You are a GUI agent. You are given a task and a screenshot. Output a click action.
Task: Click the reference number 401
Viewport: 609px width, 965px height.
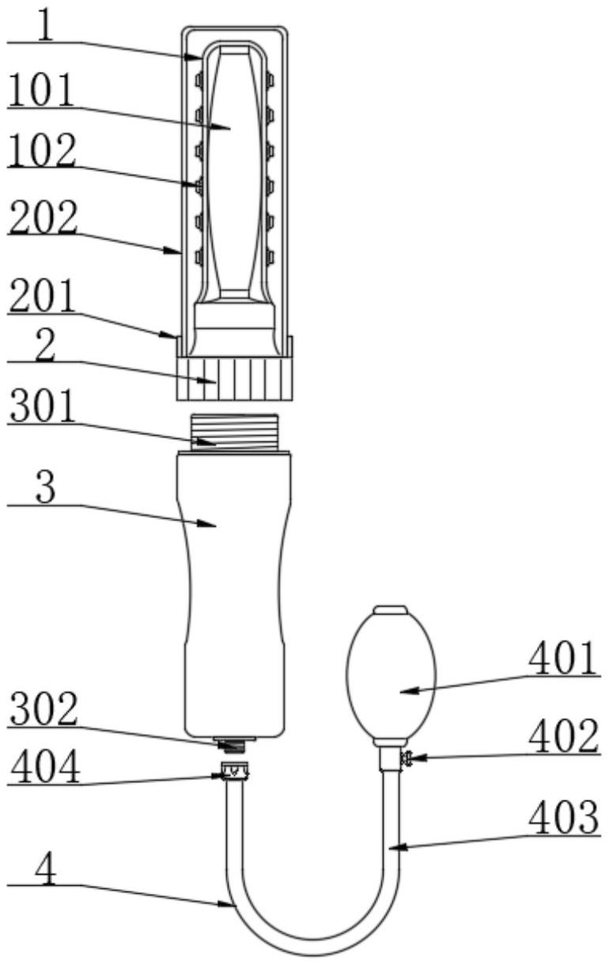pos(565,660)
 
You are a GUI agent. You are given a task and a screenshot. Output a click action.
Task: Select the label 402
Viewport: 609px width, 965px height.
pos(565,738)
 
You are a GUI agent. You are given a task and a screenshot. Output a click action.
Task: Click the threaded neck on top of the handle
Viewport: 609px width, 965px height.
pos(236,432)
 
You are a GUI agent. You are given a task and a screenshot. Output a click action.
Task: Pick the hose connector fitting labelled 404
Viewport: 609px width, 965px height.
pos(234,770)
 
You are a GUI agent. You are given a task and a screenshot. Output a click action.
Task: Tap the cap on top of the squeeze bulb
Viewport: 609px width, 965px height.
pos(390,611)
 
